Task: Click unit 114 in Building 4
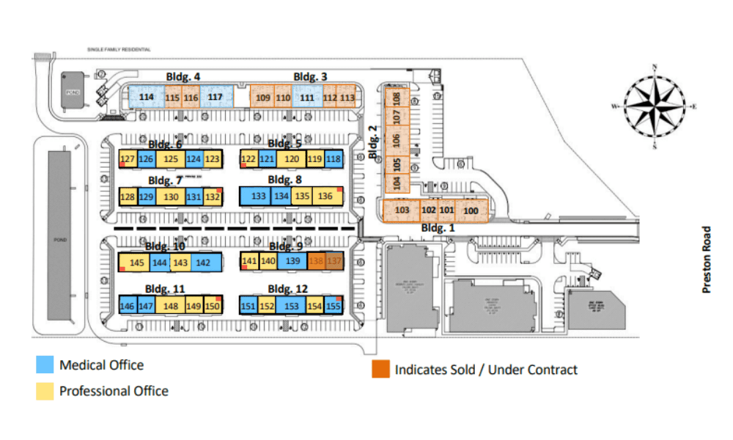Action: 147,97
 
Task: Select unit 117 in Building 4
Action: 215,97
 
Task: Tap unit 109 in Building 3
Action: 263,98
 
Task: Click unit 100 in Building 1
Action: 471,211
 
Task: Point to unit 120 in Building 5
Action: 291,159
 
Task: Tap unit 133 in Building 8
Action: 258,197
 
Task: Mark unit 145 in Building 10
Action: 137,263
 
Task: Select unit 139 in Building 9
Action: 292,261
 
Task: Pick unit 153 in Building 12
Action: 291,307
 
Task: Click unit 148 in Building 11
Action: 172,307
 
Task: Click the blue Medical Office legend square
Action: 44,365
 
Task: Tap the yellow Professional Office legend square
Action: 44,391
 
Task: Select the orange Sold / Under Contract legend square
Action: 380,369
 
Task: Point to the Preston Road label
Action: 707,260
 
